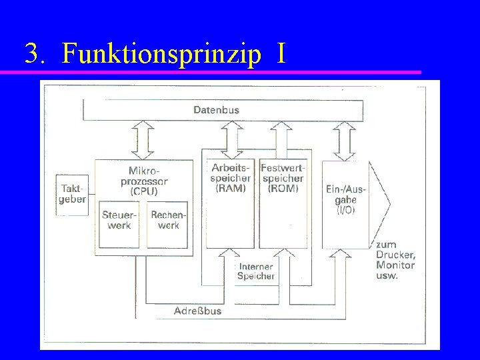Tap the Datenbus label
pos(216,109)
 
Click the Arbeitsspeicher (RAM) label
pos(230,178)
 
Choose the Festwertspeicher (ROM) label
pos(282,178)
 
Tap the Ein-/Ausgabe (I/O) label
pos(341,199)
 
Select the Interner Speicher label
pos(256,271)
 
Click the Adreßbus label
pos(197,311)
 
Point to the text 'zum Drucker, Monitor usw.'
pos(395,260)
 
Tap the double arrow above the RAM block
pos(231,139)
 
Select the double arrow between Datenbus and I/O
pos(344,139)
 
